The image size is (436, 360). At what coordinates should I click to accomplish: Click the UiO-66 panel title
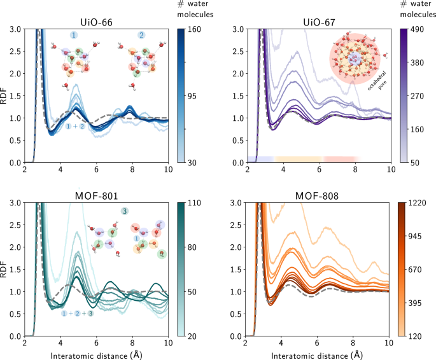coord(96,20)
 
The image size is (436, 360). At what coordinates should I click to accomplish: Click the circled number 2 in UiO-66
coord(141,36)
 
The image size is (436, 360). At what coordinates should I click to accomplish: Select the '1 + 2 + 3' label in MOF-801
coord(76,314)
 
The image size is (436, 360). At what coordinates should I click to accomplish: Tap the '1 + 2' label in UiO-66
coord(76,127)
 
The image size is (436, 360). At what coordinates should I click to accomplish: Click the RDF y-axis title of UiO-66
coord(6,95)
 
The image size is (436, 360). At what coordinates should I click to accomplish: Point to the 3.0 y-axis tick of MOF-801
coord(14,203)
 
